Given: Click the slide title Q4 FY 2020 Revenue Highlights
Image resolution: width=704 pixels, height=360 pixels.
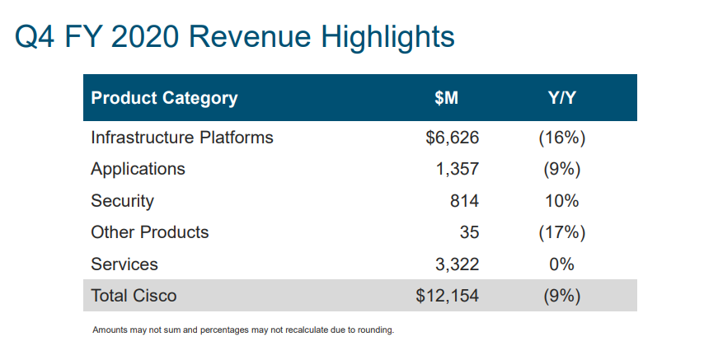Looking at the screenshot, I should coord(234,38).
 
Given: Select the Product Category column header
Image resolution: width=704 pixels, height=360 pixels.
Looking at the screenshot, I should coord(164,98).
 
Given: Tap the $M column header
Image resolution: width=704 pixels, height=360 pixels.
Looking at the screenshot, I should coord(446,98).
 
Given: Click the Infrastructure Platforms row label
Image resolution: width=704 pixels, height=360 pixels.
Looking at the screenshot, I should coord(182,138).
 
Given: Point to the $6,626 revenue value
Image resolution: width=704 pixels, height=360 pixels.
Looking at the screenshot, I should coord(452,138).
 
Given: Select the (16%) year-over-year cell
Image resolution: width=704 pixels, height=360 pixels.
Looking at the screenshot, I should coord(561,138).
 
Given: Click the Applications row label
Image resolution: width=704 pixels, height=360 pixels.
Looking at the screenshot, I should coord(138,169).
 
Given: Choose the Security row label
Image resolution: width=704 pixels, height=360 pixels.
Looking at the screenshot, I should coord(122,201).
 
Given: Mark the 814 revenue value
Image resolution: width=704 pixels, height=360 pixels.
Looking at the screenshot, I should coord(464,201).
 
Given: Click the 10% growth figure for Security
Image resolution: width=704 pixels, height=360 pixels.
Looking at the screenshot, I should coord(561,201).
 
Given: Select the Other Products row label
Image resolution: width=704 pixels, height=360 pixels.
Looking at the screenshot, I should coord(150,232).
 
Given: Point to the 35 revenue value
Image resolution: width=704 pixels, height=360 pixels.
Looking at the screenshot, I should coord(469,232).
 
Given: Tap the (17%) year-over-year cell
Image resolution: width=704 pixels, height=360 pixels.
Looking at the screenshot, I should coord(561,232).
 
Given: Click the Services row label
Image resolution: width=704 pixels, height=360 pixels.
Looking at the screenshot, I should coord(124,264).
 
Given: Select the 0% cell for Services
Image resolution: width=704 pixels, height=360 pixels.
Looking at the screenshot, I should coord(561,264).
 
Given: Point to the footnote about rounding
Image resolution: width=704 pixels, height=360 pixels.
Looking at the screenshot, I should coord(243,330).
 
